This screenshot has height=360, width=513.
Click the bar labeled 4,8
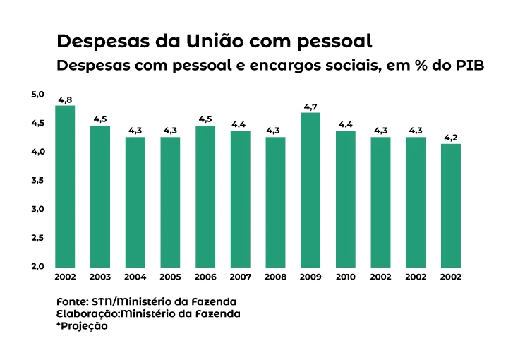pos(65,186)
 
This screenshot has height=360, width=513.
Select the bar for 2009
pos(310,190)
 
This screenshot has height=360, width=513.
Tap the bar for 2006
pos(205,196)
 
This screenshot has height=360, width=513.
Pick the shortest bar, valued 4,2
pos(450,205)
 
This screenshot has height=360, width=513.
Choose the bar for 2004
pos(135,202)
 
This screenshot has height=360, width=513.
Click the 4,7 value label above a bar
pos(310,107)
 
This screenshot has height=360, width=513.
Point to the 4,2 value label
pos(450,138)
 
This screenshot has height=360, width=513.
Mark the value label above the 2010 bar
pos(346,125)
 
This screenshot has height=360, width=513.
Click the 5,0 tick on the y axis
pos(37,95)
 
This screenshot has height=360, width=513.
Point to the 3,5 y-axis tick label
pos(37,181)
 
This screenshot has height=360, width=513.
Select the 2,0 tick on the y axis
pos(37,266)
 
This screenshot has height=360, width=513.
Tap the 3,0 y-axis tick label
pos(37,209)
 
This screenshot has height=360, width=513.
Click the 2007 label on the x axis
pos(241,277)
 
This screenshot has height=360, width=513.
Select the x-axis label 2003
pos(100,277)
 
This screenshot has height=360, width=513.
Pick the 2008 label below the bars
pos(275,277)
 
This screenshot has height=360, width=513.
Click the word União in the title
pos(208,40)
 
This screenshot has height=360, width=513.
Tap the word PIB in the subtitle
pos(469,65)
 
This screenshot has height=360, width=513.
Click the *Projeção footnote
pos(82,327)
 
